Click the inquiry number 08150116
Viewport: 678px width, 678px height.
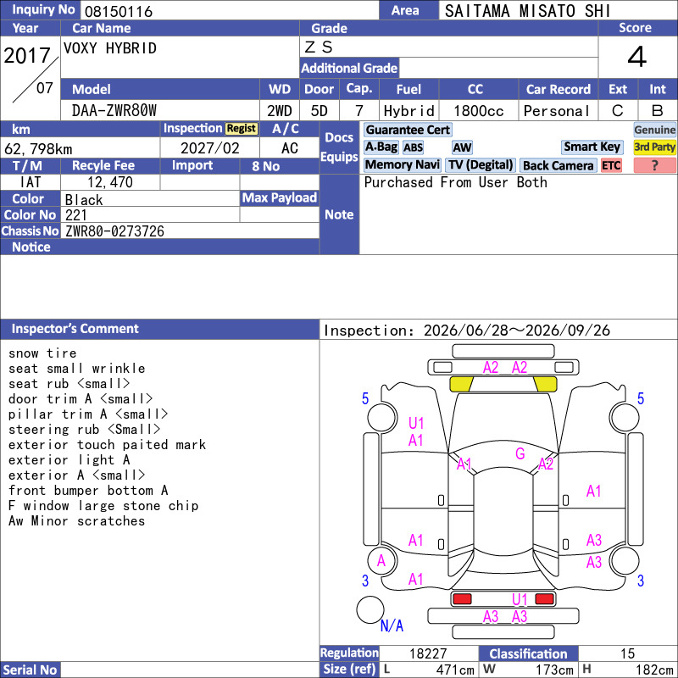(x=119, y=11)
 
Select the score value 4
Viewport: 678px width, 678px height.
(x=637, y=57)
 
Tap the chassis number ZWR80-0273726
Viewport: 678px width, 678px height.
(x=114, y=231)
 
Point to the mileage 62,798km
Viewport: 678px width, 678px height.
(x=38, y=149)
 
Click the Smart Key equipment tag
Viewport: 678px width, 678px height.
(x=592, y=147)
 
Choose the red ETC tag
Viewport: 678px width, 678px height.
(x=611, y=165)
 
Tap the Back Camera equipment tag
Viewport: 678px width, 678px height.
(x=558, y=165)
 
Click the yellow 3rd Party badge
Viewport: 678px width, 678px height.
(x=654, y=147)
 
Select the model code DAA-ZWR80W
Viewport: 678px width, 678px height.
(x=114, y=111)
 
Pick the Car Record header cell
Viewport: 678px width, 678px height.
(x=558, y=89)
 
